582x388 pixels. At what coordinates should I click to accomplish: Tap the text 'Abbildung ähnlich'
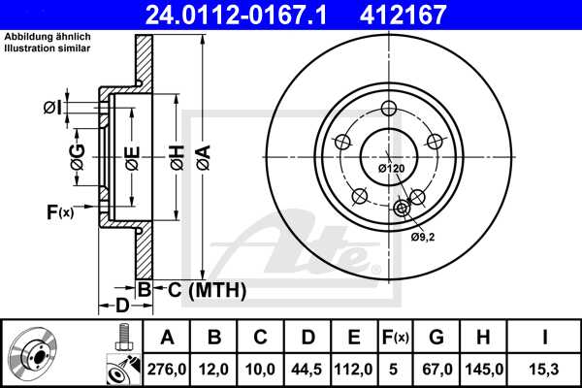[43, 38]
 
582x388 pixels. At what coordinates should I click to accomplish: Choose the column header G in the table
[436, 337]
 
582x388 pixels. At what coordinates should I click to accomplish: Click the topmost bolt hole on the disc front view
[390, 108]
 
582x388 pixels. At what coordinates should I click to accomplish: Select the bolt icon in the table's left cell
[123, 337]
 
